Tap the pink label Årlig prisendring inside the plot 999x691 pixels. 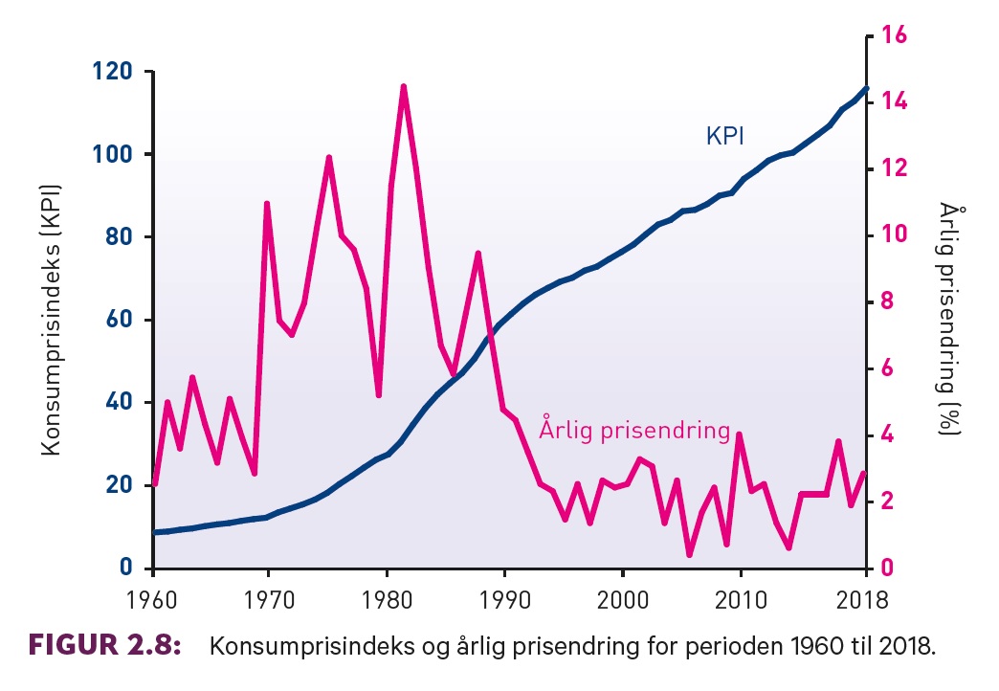coord(634,430)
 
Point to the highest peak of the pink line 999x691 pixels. coord(404,87)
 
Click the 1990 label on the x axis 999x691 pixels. coord(503,601)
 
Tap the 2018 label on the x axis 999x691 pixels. coord(864,601)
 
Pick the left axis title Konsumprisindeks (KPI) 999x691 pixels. coord(53,319)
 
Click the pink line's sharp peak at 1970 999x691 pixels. coord(267,204)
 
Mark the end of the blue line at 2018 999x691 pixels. coord(865,88)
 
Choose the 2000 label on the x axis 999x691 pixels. coord(623,601)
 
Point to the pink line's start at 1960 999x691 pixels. coord(154,484)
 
